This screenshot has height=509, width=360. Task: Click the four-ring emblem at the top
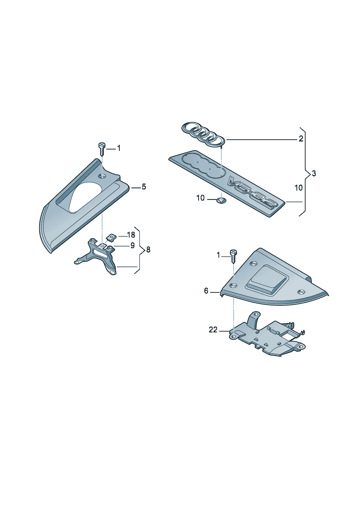tap(203, 134)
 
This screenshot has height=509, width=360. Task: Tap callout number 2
tap(301, 139)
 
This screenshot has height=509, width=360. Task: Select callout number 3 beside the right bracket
tap(314, 174)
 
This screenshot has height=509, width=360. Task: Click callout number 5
tap(144, 187)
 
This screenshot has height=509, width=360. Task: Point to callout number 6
tap(206, 291)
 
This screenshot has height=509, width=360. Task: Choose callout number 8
tap(148, 250)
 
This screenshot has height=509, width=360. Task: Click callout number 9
tap(132, 245)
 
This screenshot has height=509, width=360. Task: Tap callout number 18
tap(131, 234)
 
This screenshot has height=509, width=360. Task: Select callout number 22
tap(213, 330)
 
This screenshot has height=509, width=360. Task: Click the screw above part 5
tap(102, 149)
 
